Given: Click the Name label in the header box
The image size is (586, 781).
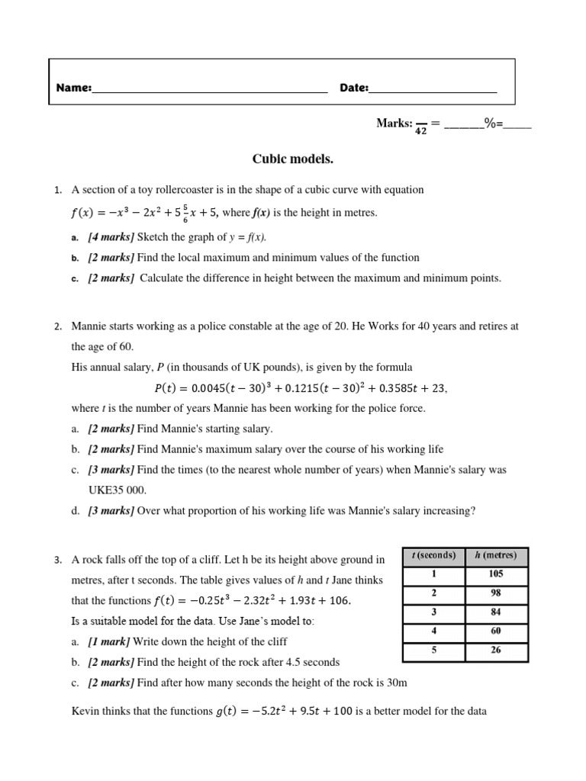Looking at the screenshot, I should point(74,88).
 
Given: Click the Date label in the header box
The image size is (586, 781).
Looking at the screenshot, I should point(354,88).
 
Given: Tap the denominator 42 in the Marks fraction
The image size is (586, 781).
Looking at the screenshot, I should point(420,130).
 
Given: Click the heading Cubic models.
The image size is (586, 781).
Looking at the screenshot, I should point(293,159).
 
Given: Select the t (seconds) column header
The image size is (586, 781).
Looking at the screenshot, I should point(433,555).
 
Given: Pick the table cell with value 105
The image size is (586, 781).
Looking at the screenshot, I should point(495,574).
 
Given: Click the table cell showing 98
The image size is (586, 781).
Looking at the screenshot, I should point(495,593).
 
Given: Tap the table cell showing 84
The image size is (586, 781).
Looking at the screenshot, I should point(495,612).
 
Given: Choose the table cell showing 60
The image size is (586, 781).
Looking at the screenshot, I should point(495,632).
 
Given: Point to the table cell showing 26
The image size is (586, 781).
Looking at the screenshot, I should point(495,651).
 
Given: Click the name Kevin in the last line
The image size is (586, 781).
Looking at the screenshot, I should point(85,712).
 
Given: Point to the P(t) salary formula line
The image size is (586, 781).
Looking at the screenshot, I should point(293,388).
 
